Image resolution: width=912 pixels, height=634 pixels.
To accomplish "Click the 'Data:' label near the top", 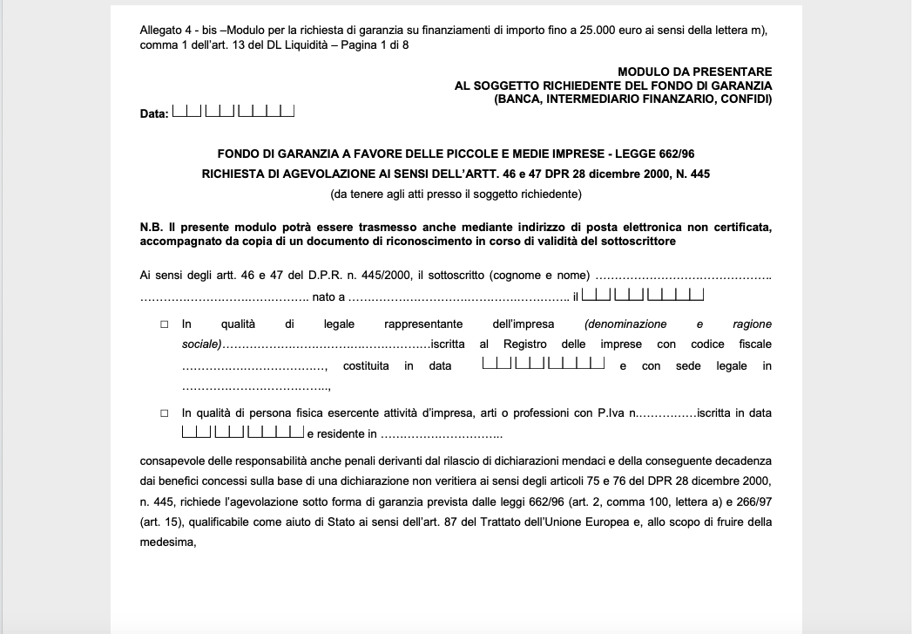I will pos(153,114).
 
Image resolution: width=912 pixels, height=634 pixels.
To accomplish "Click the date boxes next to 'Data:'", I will pos(233,111).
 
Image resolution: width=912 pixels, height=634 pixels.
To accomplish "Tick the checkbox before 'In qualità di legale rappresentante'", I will pos(164,324).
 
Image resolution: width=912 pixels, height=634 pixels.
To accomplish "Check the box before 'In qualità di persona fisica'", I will pos(164,413).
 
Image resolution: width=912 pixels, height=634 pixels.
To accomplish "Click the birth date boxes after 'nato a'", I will pos(642,296).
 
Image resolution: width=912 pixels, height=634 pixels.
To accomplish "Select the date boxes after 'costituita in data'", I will pos(543,363).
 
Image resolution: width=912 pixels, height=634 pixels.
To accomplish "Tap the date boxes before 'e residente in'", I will pos(242,431).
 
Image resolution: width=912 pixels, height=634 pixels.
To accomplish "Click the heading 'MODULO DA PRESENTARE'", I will pos(694,72).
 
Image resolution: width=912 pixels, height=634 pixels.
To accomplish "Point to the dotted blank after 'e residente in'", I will pos(442,434).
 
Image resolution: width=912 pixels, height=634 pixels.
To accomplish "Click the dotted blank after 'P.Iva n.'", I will pos(667,413).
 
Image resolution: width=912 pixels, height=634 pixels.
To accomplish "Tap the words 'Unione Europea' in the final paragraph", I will pos(668,522).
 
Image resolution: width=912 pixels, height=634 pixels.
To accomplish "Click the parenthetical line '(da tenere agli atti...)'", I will pos(456,194).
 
